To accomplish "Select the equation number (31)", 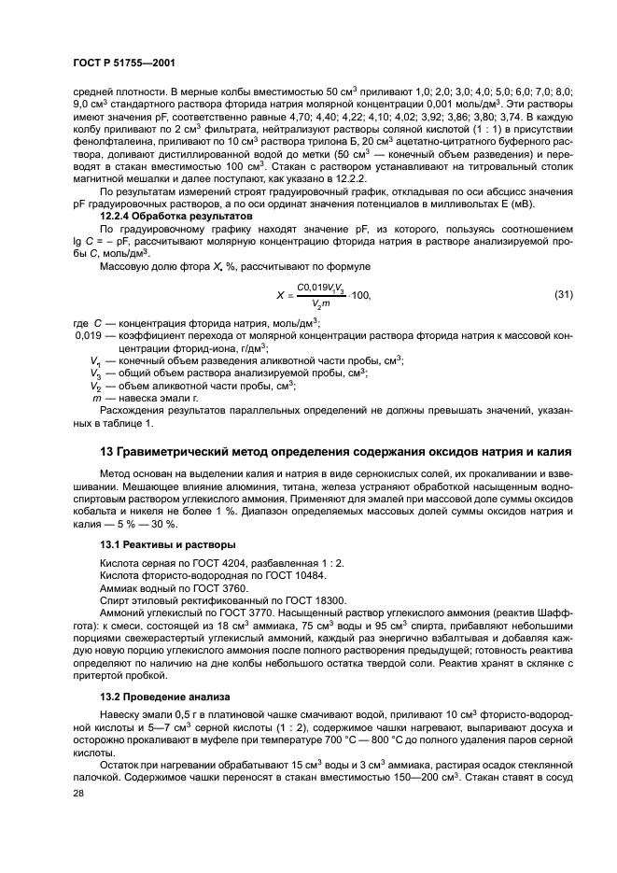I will coord(563,295).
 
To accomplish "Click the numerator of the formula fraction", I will coord(320,288).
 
